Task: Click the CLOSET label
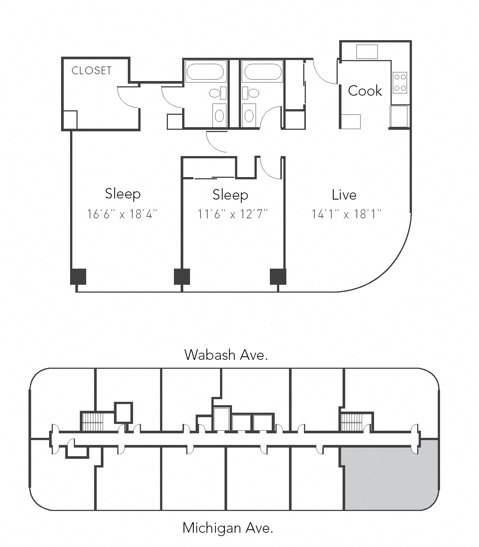(x=91, y=71)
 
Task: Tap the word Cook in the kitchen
(x=365, y=91)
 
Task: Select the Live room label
(x=344, y=195)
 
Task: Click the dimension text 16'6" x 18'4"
(x=122, y=214)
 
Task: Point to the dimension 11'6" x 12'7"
(x=233, y=214)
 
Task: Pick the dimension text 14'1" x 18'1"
(x=347, y=214)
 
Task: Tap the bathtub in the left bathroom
(x=205, y=71)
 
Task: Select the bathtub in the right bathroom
(x=262, y=71)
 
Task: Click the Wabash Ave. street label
(x=226, y=355)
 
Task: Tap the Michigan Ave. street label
(x=228, y=528)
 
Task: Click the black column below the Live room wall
(x=278, y=277)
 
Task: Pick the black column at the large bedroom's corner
(x=78, y=277)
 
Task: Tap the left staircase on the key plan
(x=92, y=422)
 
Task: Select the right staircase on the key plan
(x=352, y=422)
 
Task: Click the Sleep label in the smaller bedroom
(x=230, y=195)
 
